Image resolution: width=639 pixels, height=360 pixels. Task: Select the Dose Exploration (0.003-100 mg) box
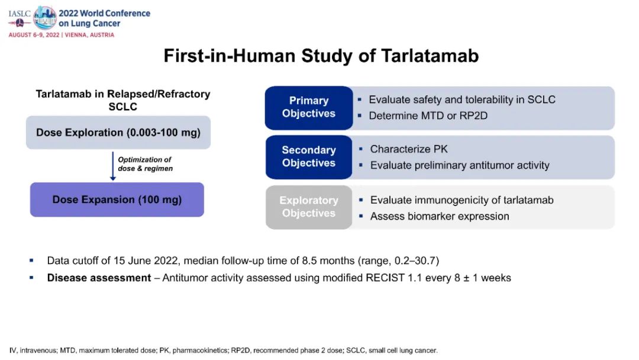pyautogui.click(x=118, y=132)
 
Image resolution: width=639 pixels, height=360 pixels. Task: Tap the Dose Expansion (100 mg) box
pyautogui.click(x=117, y=200)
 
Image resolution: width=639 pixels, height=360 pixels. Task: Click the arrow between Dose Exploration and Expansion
pyautogui.click(x=113, y=166)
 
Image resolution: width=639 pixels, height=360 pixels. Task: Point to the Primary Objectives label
pyautogui.click(x=308, y=107)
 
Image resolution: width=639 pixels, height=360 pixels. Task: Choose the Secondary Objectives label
pyautogui.click(x=308, y=157)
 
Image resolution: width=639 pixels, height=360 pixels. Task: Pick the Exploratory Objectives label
pyautogui.click(x=308, y=207)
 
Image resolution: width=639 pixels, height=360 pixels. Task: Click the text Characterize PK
pyautogui.click(x=409, y=149)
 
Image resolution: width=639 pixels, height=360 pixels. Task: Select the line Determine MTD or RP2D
pyautogui.click(x=428, y=115)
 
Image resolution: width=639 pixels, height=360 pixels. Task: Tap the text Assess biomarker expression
pyautogui.click(x=439, y=216)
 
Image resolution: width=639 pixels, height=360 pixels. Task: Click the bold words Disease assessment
pyautogui.click(x=99, y=278)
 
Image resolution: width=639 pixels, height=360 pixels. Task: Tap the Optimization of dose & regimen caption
pyautogui.click(x=145, y=164)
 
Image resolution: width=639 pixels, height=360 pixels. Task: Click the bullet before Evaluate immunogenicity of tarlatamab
pyautogui.click(x=360, y=200)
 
